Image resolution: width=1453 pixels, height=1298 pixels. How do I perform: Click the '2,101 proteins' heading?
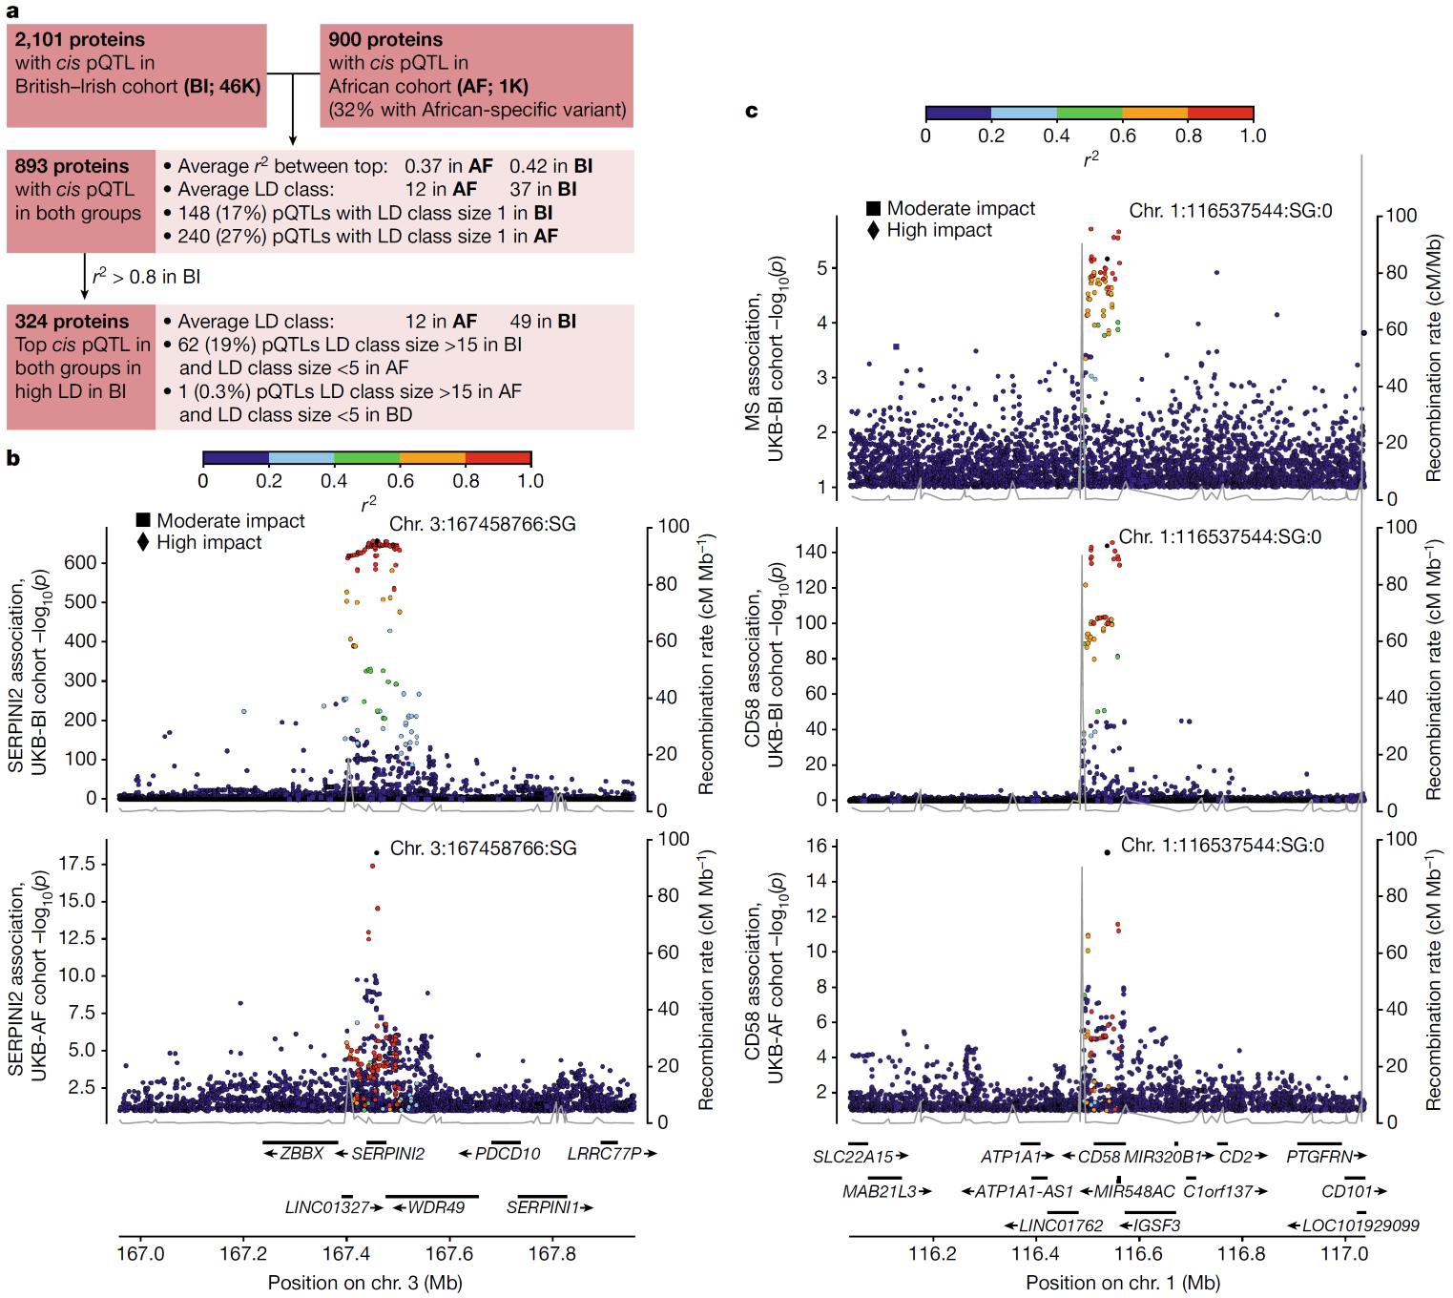pos(80,40)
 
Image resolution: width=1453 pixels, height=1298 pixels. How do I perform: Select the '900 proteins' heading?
pos(385,40)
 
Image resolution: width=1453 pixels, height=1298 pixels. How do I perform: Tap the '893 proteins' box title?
pos(72,166)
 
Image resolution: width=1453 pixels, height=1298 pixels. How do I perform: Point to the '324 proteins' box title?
pos(72,322)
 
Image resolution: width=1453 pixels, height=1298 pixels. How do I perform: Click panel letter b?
pos(13,459)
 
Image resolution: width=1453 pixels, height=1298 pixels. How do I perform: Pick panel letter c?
pos(752,112)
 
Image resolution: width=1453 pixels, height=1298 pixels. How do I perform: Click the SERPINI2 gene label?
pos(388,1154)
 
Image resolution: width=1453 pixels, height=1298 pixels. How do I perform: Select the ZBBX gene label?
pos(302,1154)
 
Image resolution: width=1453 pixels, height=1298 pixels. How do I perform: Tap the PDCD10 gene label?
pos(508,1154)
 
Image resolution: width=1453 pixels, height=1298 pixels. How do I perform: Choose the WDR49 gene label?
pos(437,1207)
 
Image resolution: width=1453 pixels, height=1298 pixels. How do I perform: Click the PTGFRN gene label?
pos(1319,1157)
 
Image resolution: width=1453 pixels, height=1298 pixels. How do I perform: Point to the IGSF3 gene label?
pos(1157,1225)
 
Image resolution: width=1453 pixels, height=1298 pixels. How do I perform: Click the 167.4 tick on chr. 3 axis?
pos(346,1253)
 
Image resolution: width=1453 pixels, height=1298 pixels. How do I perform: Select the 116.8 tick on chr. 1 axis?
pos(1241,1253)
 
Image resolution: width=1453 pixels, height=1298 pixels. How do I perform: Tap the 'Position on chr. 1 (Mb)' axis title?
pos(1123,1283)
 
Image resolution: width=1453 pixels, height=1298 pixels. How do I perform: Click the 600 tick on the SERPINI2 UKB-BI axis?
pos(80,562)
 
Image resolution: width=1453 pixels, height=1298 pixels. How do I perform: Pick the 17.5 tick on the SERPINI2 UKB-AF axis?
pos(77,864)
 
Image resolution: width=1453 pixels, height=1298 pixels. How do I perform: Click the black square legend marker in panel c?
pos(873,208)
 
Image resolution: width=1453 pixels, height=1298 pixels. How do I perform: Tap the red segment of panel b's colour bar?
pos(498,458)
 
